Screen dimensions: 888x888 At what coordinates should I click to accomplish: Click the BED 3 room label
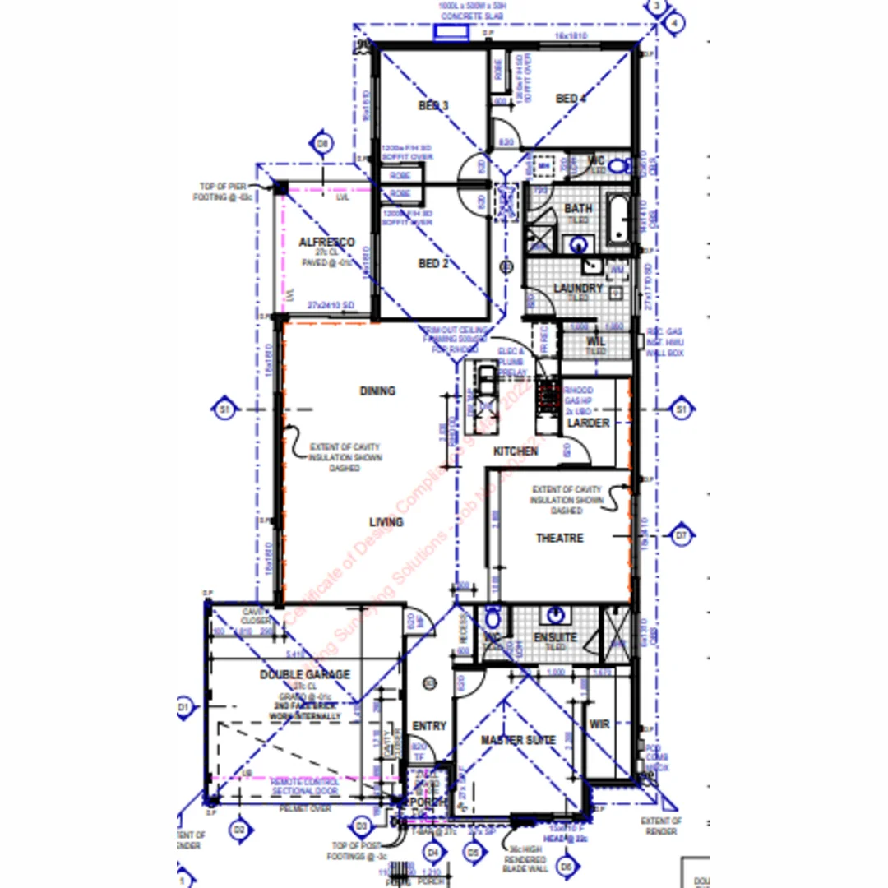tap(433, 106)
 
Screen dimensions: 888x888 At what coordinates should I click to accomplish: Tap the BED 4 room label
tap(571, 99)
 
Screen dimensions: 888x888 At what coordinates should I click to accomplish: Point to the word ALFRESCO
tap(326, 243)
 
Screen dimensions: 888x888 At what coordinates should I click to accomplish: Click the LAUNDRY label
tap(578, 289)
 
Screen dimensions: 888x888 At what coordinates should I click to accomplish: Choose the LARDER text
tap(590, 423)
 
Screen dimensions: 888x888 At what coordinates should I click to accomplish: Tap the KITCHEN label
tap(516, 451)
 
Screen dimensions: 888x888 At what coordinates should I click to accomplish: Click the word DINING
tap(377, 391)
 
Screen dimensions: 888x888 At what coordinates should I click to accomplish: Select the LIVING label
tap(386, 522)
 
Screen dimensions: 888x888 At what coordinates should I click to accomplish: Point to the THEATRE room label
tap(560, 538)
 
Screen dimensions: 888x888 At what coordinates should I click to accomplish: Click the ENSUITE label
tap(555, 637)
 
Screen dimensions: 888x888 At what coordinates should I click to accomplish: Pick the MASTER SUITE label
tap(518, 740)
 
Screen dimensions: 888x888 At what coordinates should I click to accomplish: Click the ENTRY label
tap(429, 726)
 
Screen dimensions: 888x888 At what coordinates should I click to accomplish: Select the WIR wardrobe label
tap(599, 724)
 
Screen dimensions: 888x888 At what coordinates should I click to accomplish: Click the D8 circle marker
tap(323, 143)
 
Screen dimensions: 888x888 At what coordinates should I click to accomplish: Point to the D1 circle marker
tap(183, 706)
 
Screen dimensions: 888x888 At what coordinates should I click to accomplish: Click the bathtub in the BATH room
tap(618, 218)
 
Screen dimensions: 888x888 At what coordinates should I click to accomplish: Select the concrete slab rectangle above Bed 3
tap(451, 32)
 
